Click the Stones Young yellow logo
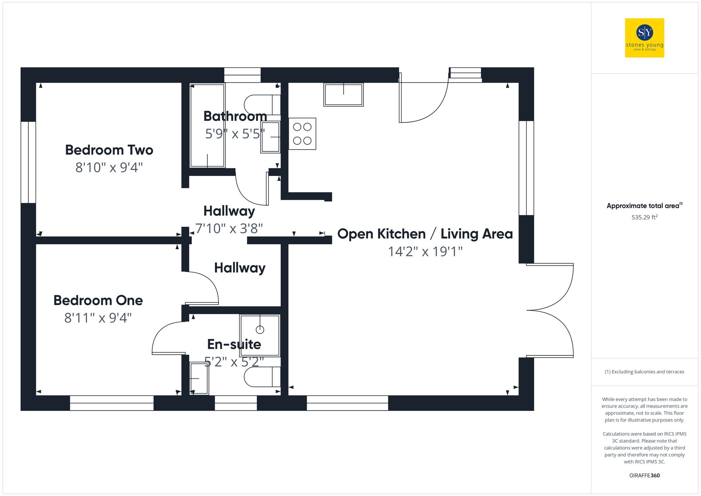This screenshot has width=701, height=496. [644, 38]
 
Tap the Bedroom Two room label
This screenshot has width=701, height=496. [109, 150]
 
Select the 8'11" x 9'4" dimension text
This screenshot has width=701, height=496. [98, 318]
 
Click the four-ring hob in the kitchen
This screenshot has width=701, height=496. [302, 134]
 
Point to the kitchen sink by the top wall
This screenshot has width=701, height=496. [343, 95]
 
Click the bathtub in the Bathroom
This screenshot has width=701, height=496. [207, 125]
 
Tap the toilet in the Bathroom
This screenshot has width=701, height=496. [261, 104]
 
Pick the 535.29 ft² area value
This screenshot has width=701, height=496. [644, 217]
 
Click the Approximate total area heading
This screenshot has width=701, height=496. [644, 206]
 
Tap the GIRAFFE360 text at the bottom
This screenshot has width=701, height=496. [644, 475]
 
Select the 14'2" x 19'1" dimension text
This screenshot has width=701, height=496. [425, 252]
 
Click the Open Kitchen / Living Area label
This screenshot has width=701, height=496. [425, 234]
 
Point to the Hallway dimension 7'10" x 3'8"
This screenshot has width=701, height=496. [229, 229]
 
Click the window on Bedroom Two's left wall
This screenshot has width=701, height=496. [28, 162]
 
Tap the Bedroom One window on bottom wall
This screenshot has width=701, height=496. [112, 403]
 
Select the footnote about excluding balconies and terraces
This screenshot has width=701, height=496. [644, 372]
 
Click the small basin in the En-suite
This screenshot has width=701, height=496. [199, 378]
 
